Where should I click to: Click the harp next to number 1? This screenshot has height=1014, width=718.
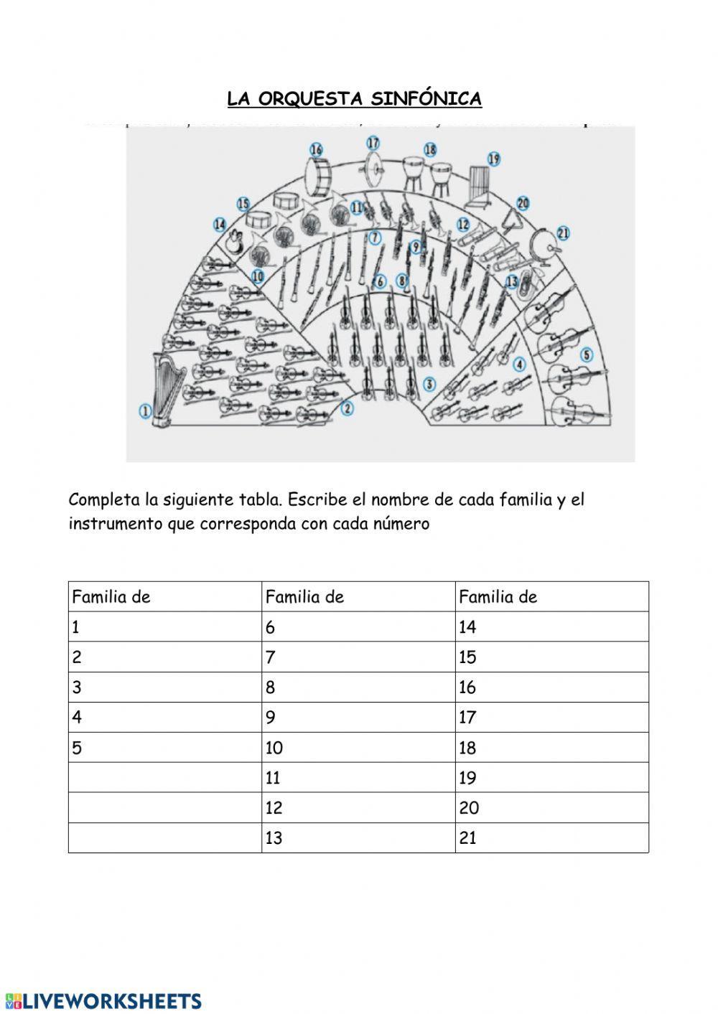(163, 391)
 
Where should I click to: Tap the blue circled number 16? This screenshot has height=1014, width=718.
(317, 149)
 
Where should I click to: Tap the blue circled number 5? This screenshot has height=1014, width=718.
(587, 355)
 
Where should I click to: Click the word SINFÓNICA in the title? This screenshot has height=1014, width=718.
(435, 99)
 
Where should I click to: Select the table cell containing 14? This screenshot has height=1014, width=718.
(551, 627)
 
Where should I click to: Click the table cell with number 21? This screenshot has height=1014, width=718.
(551, 837)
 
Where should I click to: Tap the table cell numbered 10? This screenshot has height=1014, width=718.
(358, 748)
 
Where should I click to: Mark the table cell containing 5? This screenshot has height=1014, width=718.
(165, 748)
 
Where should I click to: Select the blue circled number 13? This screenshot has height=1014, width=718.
(512, 281)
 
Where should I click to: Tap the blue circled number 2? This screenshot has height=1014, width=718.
(348, 408)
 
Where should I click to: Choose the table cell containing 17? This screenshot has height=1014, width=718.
(551, 718)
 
